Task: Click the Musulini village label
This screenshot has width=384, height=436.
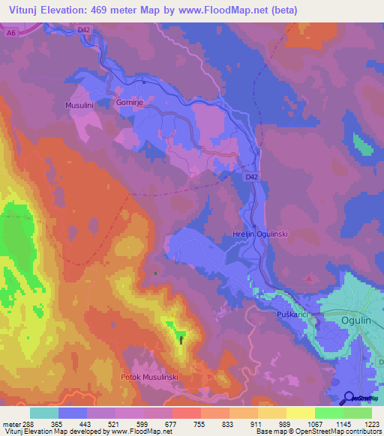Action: [x=79, y=106]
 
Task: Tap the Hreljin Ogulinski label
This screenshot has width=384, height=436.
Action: [x=256, y=234]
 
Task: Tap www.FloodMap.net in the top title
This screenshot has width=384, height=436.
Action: [x=230, y=10]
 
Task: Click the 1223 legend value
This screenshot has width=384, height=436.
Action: [x=372, y=424]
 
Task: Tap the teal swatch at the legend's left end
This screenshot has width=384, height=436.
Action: [x=44, y=413]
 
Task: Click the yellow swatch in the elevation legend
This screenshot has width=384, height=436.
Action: [x=301, y=413]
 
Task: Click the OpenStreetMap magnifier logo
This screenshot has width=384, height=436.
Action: [x=349, y=399]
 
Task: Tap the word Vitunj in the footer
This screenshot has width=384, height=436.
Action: [x=13, y=432]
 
